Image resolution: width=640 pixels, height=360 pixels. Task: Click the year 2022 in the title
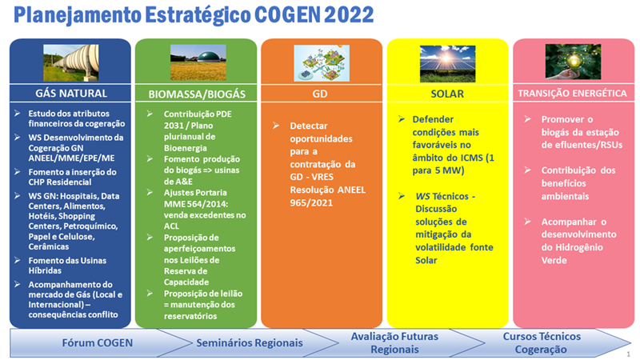[x=350, y=14]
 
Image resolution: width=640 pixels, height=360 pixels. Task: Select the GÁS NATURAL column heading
[x=71, y=94]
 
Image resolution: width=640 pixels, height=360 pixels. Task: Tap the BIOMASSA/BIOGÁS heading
[x=197, y=94]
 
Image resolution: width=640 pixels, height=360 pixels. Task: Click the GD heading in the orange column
[x=319, y=94]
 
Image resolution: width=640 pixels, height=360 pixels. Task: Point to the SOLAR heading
[x=447, y=94]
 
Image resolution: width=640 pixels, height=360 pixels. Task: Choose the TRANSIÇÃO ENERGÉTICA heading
[x=572, y=94]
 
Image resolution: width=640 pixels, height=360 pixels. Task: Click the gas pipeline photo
[x=71, y=63]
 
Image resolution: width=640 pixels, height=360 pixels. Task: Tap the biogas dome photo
[x=198, y=62]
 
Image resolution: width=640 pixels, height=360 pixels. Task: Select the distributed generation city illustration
[x=322, y=63]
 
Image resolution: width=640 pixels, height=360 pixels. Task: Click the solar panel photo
[x=447, y=63]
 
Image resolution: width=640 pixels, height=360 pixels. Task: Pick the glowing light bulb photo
[x=573, y=62]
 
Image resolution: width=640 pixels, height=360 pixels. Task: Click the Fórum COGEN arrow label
[x=97, y=343]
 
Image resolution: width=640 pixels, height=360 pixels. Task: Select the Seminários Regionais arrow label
[x=250, y=343]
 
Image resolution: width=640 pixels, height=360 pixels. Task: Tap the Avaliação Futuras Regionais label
[x=394, y=343]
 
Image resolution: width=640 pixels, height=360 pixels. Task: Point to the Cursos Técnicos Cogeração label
[x=542, y=343]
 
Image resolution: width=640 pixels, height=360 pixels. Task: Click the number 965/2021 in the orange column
[x=311, y=203]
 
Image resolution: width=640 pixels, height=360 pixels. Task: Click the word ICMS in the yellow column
[x=470, y=158]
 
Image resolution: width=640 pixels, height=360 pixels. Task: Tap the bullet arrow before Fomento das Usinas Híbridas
[x=17, y=260]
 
